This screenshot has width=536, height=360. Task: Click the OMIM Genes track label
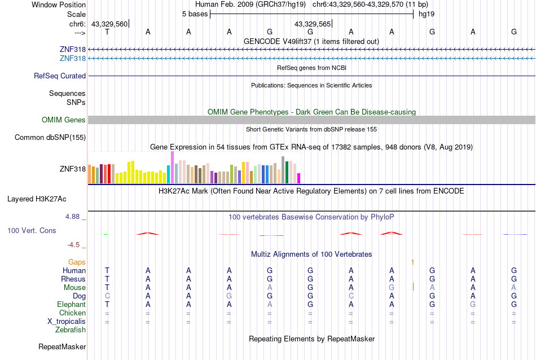click(64, 120)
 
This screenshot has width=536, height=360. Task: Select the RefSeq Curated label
click(60, 76)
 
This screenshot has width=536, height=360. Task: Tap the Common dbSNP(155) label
click(50, 137)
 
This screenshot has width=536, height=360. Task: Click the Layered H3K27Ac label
click(37, 199)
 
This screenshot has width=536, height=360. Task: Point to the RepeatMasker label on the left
click(62, 346)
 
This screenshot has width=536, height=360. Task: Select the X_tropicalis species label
click(67, 321)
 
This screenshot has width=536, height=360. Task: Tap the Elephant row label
click(71, 304)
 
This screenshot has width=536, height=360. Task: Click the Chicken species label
click(72, 313)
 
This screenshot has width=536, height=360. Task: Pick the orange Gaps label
click(77, 262)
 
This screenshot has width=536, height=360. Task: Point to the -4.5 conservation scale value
click(75, 245)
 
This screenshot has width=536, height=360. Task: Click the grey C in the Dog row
click(107, 296)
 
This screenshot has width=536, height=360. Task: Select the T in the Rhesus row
click(107, 279)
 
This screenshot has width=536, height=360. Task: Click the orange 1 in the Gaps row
click(412, 262)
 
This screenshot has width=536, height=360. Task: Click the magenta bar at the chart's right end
click(298, 178)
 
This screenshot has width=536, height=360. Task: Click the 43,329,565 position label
click(313, 24)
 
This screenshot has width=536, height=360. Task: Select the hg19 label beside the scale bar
click(426, 14)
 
